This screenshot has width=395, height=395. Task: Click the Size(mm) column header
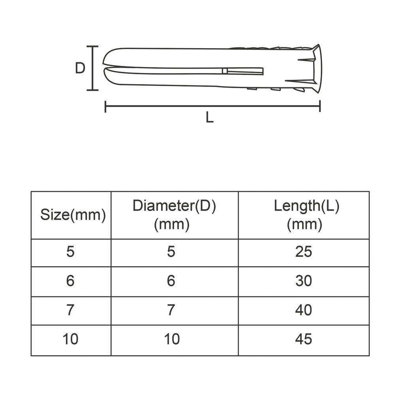pos(73,215)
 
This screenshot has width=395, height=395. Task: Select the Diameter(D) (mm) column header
pos(174,215)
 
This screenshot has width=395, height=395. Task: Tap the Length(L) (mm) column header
pos(307,215)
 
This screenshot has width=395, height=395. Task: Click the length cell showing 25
pos(303,252)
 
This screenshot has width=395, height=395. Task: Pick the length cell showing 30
pos(303,280)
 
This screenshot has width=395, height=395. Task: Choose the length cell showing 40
pos(303,310)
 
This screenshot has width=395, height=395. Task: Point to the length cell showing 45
pos(303,339)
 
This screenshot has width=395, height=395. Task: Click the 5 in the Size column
pos(70,252)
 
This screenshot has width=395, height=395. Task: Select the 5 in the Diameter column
pos(171,252)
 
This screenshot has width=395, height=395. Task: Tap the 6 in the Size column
pos(70,280)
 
